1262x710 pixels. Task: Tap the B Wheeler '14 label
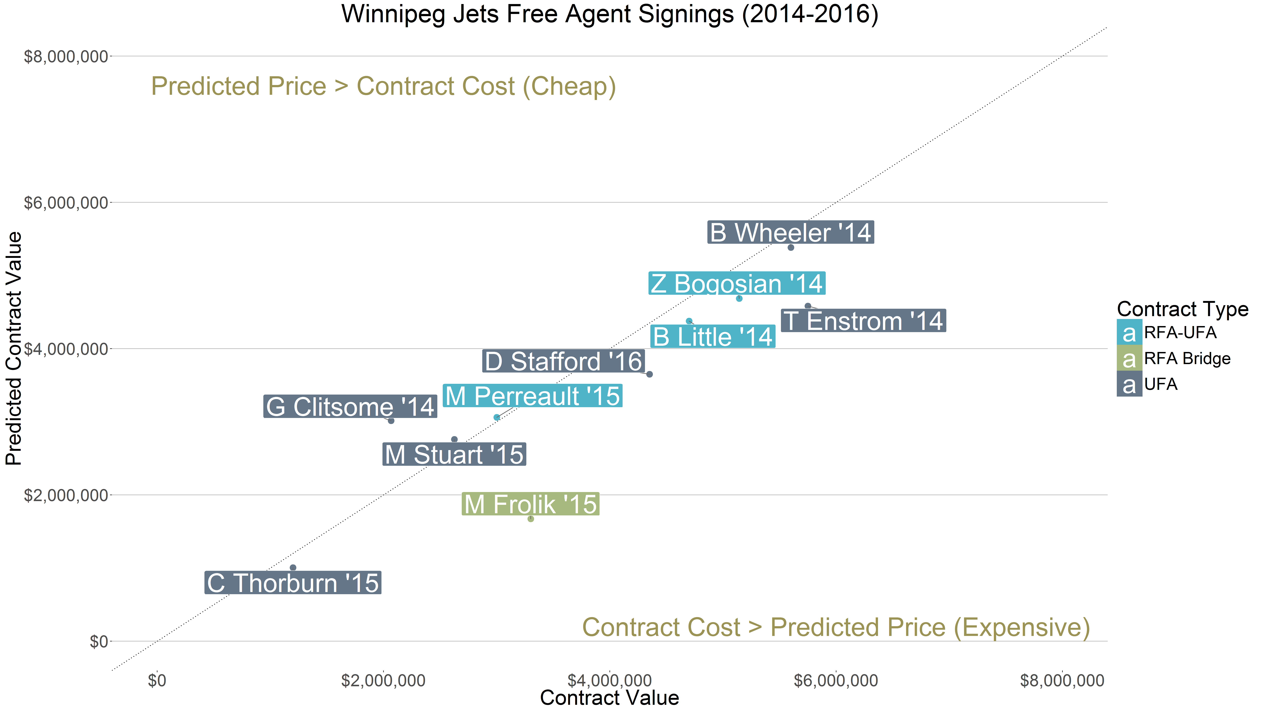790,232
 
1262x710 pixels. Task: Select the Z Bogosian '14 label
736,283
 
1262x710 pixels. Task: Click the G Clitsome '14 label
350,407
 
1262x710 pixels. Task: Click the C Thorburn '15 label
292,583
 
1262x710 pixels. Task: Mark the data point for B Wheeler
790,247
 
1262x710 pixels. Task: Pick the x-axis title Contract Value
609,698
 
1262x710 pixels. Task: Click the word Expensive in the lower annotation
1021,627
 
